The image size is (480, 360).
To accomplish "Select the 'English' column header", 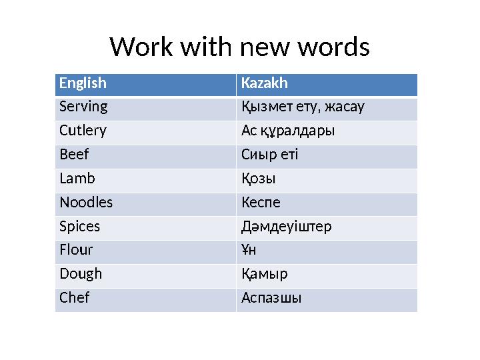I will (83, 84).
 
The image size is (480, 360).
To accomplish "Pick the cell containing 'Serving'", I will (83, 107).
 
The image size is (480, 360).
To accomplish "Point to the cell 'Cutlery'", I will (83, 131).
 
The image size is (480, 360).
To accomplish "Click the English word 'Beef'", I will (74, 155).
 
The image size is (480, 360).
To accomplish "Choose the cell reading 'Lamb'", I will (77, 179).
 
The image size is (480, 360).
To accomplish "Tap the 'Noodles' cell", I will (86, 202).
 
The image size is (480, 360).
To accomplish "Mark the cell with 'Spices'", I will (79, 226).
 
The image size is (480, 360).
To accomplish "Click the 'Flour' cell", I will (76, 250).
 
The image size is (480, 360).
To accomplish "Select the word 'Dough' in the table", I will (81, 274).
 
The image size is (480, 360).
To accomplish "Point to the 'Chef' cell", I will (74, 298).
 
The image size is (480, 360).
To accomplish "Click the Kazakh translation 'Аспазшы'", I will (271, 298).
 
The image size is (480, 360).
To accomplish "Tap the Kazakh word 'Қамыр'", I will (264, 274).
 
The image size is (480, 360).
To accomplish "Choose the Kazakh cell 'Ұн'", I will (249, 250).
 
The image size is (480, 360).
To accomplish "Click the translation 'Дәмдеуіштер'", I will (286, 226).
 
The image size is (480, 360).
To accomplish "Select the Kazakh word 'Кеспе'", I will (261, 202).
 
